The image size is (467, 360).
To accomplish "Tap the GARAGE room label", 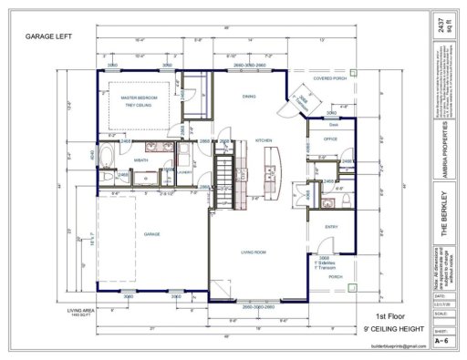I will click(151, 234).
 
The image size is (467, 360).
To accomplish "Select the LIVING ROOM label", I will click(253, 252).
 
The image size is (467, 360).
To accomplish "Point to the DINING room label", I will click(248, 97).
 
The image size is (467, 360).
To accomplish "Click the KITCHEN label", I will click(264, 140).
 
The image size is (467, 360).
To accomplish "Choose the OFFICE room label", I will click(330, 139).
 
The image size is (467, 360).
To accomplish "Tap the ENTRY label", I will click(331, 226).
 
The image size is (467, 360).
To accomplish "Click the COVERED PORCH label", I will click(329, 79).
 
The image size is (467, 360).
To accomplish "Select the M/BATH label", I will click(140, 159).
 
